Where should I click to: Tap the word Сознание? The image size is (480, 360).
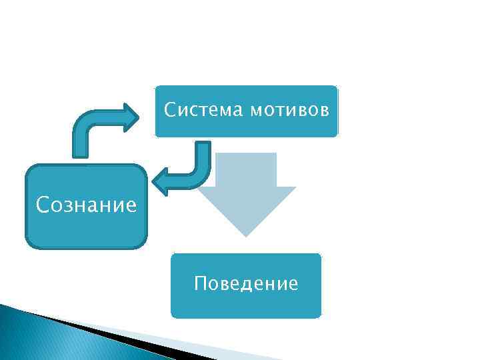click(x=87, y=204)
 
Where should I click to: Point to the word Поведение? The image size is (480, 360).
click(x=246, y=285)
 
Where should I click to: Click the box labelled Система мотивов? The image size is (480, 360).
click(x=247, y=127)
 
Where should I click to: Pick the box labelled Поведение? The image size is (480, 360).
click(x=246, y=303)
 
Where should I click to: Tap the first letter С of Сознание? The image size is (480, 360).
click(x=42, y=204)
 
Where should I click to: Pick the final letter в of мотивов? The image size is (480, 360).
click(x=324, y=110)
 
